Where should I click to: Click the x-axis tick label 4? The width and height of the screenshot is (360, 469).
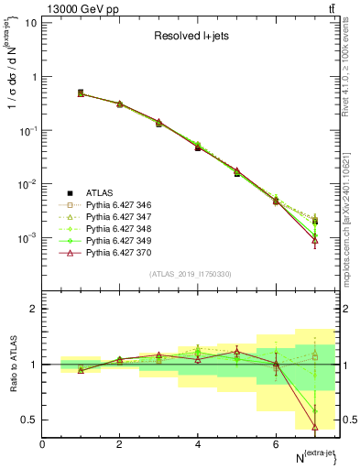coord(197,444)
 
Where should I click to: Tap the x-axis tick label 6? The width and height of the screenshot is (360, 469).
coord(276,444)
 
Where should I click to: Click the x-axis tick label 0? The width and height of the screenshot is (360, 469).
coord(42,444)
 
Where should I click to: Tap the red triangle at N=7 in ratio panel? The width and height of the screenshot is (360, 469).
coord(315,426)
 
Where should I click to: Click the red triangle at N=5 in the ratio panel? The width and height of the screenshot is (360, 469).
coord(236,352)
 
